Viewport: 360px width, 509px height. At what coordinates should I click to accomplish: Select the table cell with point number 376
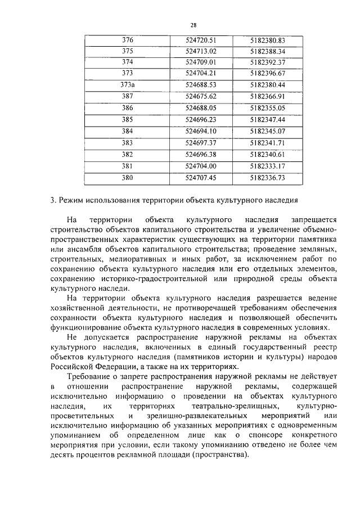[127, 40]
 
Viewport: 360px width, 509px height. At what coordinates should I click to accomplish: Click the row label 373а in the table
[127, 85]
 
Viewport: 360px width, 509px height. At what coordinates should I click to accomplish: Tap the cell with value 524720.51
[201, 40]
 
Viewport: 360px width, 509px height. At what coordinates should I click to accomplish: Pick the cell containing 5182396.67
[268, 74]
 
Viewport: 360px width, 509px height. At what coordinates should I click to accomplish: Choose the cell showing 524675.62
[201, 97]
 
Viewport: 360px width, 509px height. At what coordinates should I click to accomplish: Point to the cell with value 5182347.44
[268, 120]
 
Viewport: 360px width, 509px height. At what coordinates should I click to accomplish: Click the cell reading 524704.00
[201, 166]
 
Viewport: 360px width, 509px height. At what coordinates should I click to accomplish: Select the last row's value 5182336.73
[268, 178]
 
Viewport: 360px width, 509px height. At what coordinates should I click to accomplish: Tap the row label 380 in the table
[127, 178]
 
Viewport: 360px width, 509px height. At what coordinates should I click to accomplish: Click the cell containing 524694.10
[201, 131]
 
